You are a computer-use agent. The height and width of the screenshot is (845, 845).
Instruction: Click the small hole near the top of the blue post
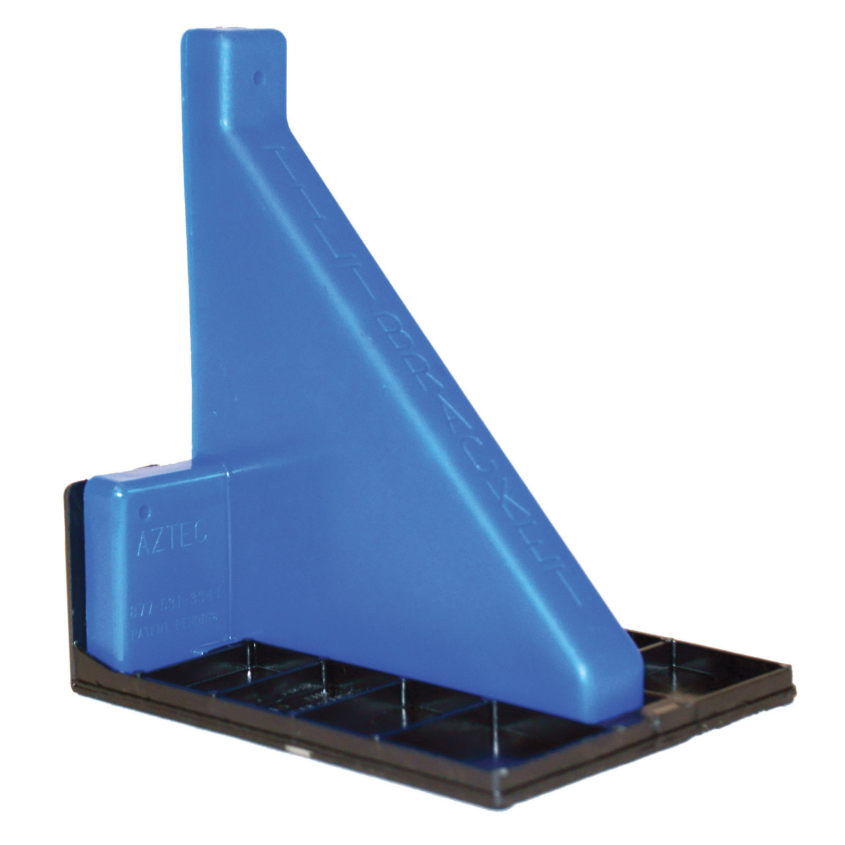258,77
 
